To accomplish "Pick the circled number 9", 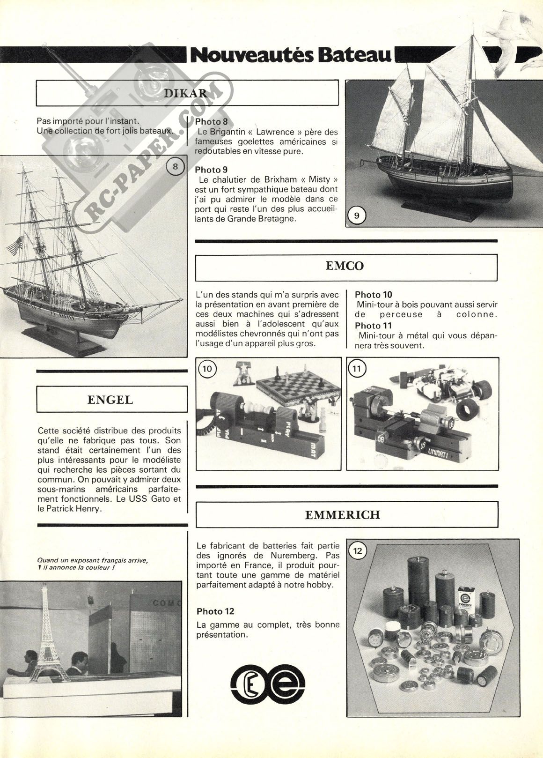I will [357, 216].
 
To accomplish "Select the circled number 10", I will [207, 369].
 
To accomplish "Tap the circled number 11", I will [357, 369].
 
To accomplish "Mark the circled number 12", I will [358, 551].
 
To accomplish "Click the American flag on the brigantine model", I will [15, 245].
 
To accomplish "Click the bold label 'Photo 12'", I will [215, 611].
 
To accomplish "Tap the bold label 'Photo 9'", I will [211, 170].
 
